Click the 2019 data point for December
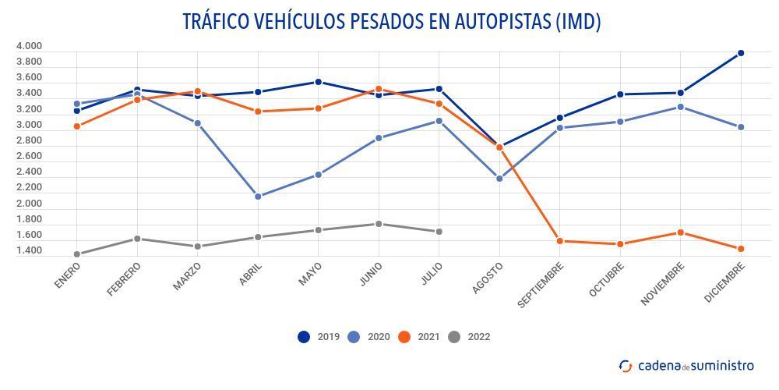[741, 53]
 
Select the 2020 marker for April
[258, 197]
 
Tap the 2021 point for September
[559, 241]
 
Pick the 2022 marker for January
[76, 254]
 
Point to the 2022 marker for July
[439, 232]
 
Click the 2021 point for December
[741, 249]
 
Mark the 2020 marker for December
[741, 127]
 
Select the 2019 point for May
[318, 82]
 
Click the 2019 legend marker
[304, 337]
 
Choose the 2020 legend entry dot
[354, 337]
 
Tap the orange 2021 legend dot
[404, 337]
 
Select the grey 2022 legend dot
[454, 337]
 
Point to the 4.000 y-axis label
[29, 46]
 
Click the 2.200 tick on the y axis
[29, 188]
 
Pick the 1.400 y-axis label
[29, 251]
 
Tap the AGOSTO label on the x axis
[488, 278]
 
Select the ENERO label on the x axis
[68, 275]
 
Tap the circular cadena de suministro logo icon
[626, 366]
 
